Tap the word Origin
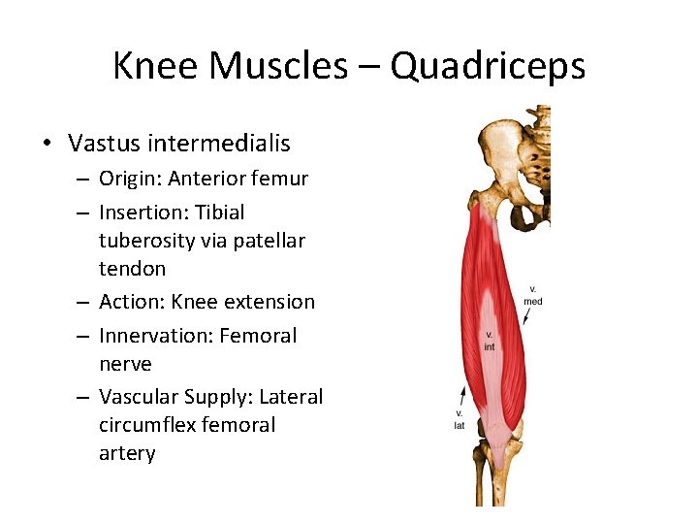tap(129, 179)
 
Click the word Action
tap(131, 302)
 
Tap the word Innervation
tap(154, 336)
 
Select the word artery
tap(127, 453)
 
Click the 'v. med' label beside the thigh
tap(533, 295)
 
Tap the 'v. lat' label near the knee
tap(460, 420)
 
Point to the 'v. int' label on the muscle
tap(490, 341)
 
